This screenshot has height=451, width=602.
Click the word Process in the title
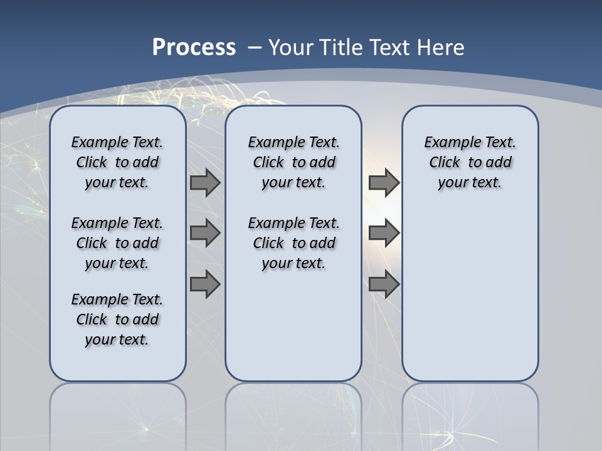tap(194, 47)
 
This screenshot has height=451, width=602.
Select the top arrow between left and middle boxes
tap(205, 182)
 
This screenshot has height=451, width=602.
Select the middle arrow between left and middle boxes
tap(205, 233)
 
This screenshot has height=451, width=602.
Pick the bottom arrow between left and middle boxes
tap(205, 284)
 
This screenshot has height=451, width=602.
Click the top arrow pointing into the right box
tap(384, 182)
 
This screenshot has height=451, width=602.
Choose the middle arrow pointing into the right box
tap(384, 233)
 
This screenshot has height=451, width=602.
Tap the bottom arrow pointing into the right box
tap(384, 284)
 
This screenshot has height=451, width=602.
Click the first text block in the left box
tap(117, 162)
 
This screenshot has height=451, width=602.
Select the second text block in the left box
tap(117, 243)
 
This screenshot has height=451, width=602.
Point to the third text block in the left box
tap(117, 319)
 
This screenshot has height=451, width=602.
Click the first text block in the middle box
tap(293, 162)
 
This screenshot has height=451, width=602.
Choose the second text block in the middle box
tap(293, 243)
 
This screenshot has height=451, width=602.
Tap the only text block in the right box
tap(470, 162)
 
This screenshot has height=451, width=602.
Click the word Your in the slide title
tap(292, 48)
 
